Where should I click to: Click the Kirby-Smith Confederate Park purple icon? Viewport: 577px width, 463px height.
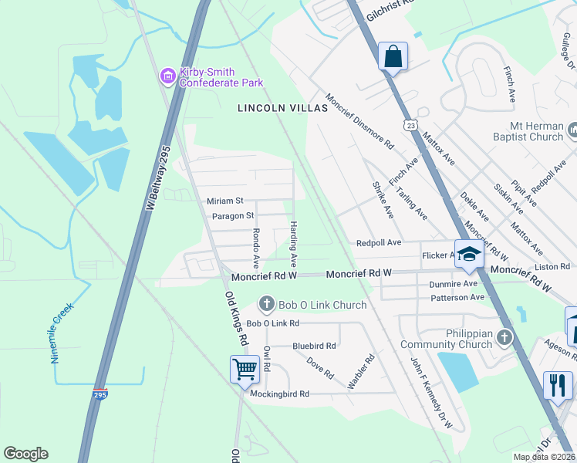coord(167,76)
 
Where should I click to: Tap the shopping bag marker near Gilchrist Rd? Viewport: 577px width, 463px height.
coord(393,56)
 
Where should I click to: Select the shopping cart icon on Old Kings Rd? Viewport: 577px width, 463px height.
coord(245,369)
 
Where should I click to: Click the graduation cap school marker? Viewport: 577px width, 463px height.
coord(468,255)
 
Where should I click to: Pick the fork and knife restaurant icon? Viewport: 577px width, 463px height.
coord(558,384)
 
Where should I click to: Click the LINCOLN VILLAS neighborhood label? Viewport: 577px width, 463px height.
coord(282,109)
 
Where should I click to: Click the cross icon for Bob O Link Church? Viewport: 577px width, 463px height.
coord(267,305)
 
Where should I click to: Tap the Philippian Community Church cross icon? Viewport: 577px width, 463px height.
coord(504,336)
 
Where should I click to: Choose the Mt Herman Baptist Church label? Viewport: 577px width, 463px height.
coord(525,130)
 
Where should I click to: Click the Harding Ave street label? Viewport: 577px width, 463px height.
coord(294,240)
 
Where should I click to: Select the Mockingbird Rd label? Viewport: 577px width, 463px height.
coord(279,394)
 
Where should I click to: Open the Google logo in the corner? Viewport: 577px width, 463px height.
coord(25,454)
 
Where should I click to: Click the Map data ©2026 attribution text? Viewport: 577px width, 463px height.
coord(544,457)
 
